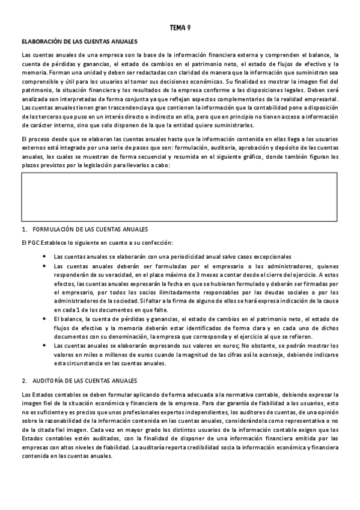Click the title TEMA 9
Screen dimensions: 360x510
tap(180, 28)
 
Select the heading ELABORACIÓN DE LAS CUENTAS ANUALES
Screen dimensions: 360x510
tap(79, 41)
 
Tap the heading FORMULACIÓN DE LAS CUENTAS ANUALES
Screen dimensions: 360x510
tap(88, 230)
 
